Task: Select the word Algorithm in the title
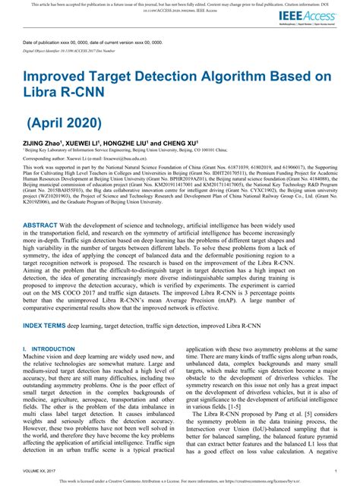coord(242,77)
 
